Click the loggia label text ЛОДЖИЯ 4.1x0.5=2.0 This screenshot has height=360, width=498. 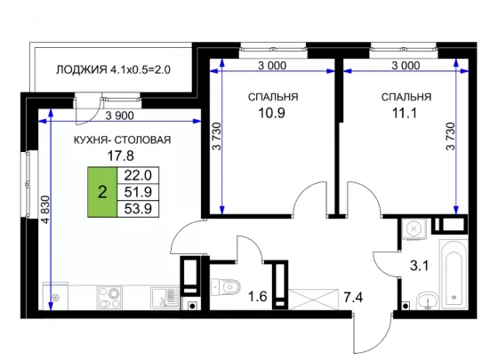tap(114, 69)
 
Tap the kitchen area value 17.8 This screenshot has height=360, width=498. tap(120, 156)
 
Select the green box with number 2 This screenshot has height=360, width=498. tap(102, 192)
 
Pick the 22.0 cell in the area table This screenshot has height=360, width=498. tap(138, 175)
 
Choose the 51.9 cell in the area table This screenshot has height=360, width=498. tap(138, 192)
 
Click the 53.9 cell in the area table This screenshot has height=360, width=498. tap(138, 209)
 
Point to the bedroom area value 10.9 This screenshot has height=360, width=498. tap(271, 113)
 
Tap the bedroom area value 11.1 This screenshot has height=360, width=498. tap(405, 113)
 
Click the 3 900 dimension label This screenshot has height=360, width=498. tap(120, 116)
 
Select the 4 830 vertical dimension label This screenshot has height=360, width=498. tap(46, 210)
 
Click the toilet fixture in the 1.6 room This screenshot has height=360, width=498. tap(226, 287)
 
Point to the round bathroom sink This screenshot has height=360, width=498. tap(427, 300)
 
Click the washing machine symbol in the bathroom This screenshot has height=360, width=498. tap(414, 229)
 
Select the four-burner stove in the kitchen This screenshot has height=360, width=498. tap(110, 298)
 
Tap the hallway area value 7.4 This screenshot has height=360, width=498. tap(353, 298)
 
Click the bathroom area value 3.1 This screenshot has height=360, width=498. tap(419, 266)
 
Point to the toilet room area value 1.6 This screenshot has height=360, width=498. tap(257, 297)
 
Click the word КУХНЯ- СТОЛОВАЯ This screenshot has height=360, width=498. tap(123, 140)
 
